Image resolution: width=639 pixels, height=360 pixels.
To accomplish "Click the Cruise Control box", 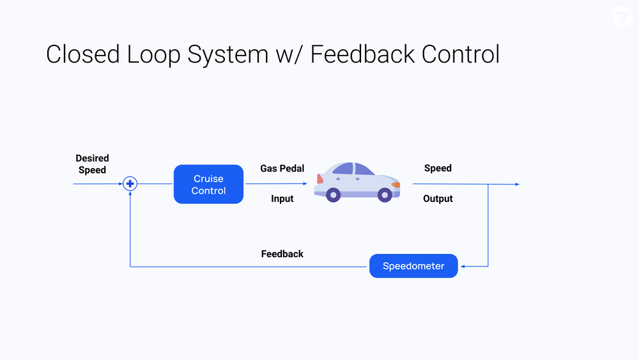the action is (x=208, y=184).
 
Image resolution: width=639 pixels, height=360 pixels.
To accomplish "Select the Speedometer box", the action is (x=413, y=266).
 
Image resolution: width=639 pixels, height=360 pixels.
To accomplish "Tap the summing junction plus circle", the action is (x=130, y=184).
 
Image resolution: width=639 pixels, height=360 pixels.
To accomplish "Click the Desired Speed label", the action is (x=92, y=164).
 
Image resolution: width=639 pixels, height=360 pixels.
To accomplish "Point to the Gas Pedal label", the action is (x=282, y=169).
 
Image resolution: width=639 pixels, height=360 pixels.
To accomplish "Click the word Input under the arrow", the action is (x=282, y=199).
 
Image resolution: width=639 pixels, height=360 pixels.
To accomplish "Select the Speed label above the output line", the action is (x=438, y=168).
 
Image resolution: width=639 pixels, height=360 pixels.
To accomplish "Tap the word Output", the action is (x=438, y=199).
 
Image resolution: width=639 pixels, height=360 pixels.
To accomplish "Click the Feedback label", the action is (x=282, y=254).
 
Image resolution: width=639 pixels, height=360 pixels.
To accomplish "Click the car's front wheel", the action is (x=385, y=194).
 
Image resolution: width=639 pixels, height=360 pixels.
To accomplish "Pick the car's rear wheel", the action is (x=334, y=194).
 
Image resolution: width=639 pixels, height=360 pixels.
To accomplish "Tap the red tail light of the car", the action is (x=319, y=179).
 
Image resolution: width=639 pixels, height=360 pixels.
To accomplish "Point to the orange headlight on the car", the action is (x=396, y=185).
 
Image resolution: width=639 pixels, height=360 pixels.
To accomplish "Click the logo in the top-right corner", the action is (x=622, y=17).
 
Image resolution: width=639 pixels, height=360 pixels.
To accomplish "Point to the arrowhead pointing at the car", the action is (x=305, y=184).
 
